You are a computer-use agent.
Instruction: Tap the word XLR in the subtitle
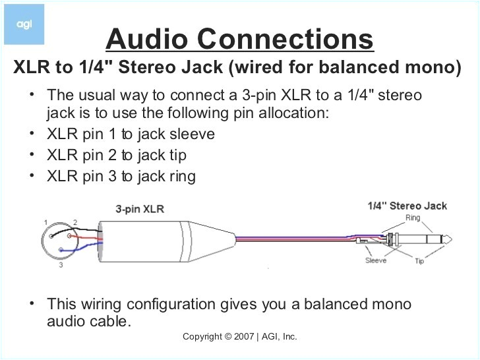pyautogui.click(x=32, y=68)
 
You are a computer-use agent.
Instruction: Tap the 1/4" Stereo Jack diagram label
pyautogui.click(x=407, y=206)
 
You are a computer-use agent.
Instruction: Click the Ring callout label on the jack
pyautogui.click(x=413, y=218)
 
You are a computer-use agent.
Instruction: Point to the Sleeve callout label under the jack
pyautogui.click(x=376, y=260)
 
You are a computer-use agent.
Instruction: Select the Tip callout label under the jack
pyautogui.click(x=419, y=262)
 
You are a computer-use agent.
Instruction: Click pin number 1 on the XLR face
pyautogui.click(x=45, y=221)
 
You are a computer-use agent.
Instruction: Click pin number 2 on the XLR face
pyautogui.click(x=75, y=222)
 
